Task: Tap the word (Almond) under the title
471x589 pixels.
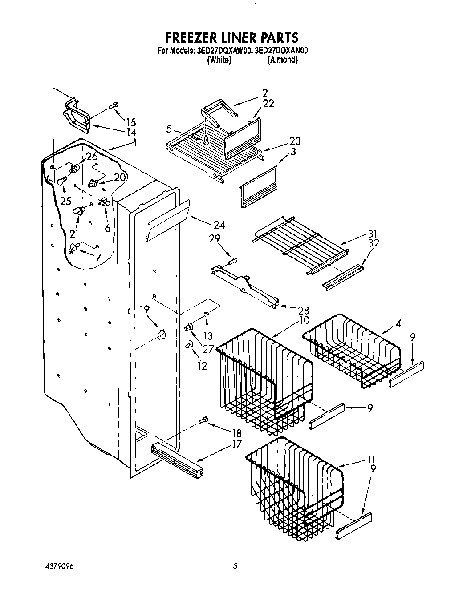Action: click(282, 60)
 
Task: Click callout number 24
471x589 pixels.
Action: click(219, 225)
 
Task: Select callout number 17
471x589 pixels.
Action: click(236, 444)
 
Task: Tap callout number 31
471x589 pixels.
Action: click(373, 233)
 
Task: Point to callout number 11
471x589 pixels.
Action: click(372, 460)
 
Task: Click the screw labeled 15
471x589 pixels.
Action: click(113, 105)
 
